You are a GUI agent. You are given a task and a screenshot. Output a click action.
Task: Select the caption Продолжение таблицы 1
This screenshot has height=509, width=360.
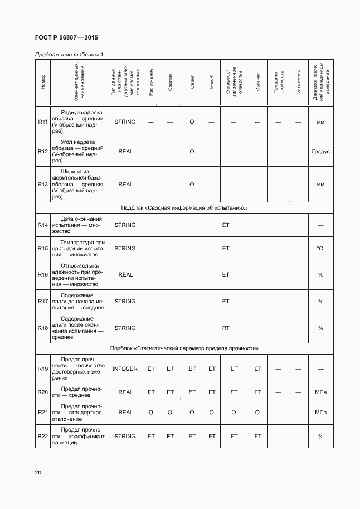click(69, 54)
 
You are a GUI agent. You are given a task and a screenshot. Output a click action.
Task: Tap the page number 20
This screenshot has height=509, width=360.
click(38, 473)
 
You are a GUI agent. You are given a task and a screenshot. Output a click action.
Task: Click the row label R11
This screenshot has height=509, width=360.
click(43, 122)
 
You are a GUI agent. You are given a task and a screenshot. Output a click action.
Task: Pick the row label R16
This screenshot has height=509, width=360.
click(43, 274)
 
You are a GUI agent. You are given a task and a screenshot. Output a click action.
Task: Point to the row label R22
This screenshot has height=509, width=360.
click(43, 437)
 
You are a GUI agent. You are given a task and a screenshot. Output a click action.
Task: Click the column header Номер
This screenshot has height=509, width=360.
click(43, 83)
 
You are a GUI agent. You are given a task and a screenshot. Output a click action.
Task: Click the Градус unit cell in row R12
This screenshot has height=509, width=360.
click(320, 152)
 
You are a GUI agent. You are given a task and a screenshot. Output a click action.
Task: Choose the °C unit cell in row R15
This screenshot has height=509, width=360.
click(320, 249)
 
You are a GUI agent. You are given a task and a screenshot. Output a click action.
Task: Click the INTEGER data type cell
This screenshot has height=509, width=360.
click(125, 369)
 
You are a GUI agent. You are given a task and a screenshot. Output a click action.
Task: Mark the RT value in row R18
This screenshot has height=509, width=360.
click(226, 328)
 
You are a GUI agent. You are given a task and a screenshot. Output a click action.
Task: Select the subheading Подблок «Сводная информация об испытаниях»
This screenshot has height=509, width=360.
click(184, 207)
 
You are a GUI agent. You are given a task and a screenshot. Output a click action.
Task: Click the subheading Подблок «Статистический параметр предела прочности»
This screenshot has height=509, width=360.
click(184, 348)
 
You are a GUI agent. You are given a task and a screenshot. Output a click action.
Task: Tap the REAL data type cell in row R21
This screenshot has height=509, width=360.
click(125, 413)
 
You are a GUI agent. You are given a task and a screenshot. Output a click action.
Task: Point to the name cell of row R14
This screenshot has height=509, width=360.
click(78, 225)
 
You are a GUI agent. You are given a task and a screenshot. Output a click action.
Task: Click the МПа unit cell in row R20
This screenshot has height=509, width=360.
click(320, 392)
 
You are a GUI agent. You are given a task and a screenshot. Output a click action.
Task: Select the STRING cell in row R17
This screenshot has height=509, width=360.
click(125, 302)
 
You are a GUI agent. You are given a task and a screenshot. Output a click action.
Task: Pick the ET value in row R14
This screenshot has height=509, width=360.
click(226, 225)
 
